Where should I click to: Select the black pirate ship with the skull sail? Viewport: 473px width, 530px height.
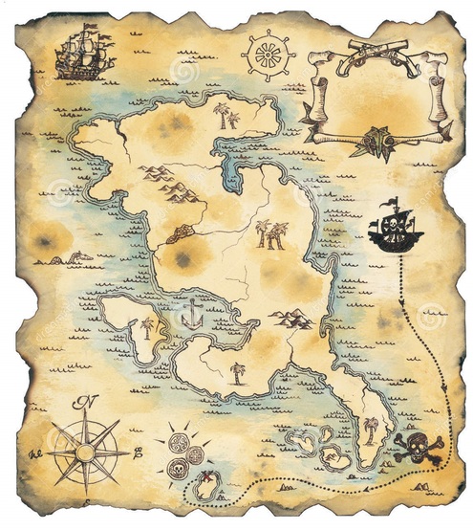click(x=395, y=231)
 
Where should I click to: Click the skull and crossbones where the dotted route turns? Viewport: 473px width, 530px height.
click(x=418, y=449)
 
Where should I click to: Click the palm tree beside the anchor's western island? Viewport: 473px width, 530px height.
click(x=147, y=328)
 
